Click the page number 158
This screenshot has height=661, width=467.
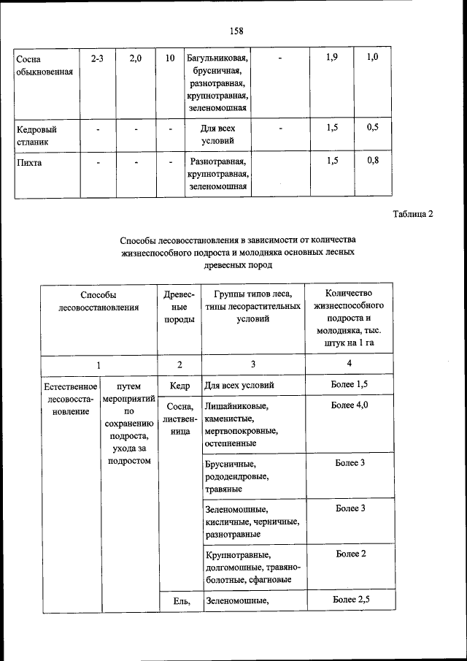(236, 31)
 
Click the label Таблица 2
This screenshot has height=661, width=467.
(412, 214)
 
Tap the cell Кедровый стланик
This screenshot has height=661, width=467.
(38, 134)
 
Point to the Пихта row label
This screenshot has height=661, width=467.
(29, 162)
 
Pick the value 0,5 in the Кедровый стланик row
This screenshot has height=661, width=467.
(372, 128)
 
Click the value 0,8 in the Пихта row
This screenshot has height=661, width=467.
(372, 161)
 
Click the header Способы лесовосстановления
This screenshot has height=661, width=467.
(98, 301)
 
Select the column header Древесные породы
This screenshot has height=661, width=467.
(180, 307)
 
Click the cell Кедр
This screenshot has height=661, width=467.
(180, 385)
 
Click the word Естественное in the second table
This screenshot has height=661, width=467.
(71, 385)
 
